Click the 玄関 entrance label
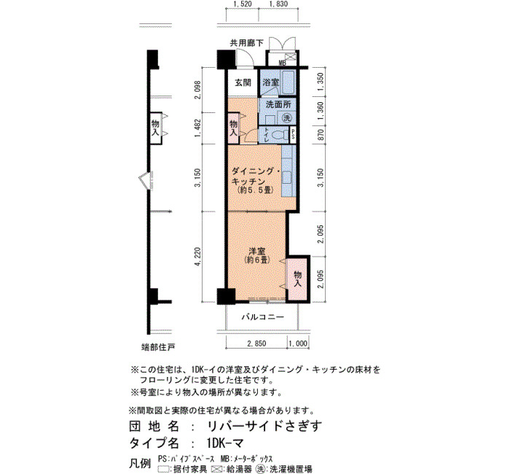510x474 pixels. [x=243, y=82]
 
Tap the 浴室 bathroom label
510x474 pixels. [x=271, y=82]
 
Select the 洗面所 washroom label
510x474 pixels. [x=278, y=105]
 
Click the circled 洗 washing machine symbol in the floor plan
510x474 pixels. [x=287, y=118]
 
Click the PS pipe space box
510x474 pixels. [x=293, y=134]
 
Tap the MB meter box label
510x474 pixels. [x=282, y=63]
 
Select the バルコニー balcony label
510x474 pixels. [x=262, y=316]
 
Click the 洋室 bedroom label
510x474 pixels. [x=257, y=251]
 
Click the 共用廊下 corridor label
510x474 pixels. [x=247, y=43]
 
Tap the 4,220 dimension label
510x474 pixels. [x=197, y=257]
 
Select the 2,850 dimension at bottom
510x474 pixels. [x=256, y=343]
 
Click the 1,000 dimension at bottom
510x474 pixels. [x=298, y=343]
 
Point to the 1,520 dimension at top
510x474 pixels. [x=243, y=4]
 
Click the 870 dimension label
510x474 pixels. [x=321, y=135]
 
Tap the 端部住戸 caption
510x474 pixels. [x=158, y=347]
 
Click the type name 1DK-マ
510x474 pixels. [x=224, y=443]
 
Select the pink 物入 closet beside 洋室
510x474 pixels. [x=297, y=279]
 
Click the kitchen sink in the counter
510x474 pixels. [x=287, y=177]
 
